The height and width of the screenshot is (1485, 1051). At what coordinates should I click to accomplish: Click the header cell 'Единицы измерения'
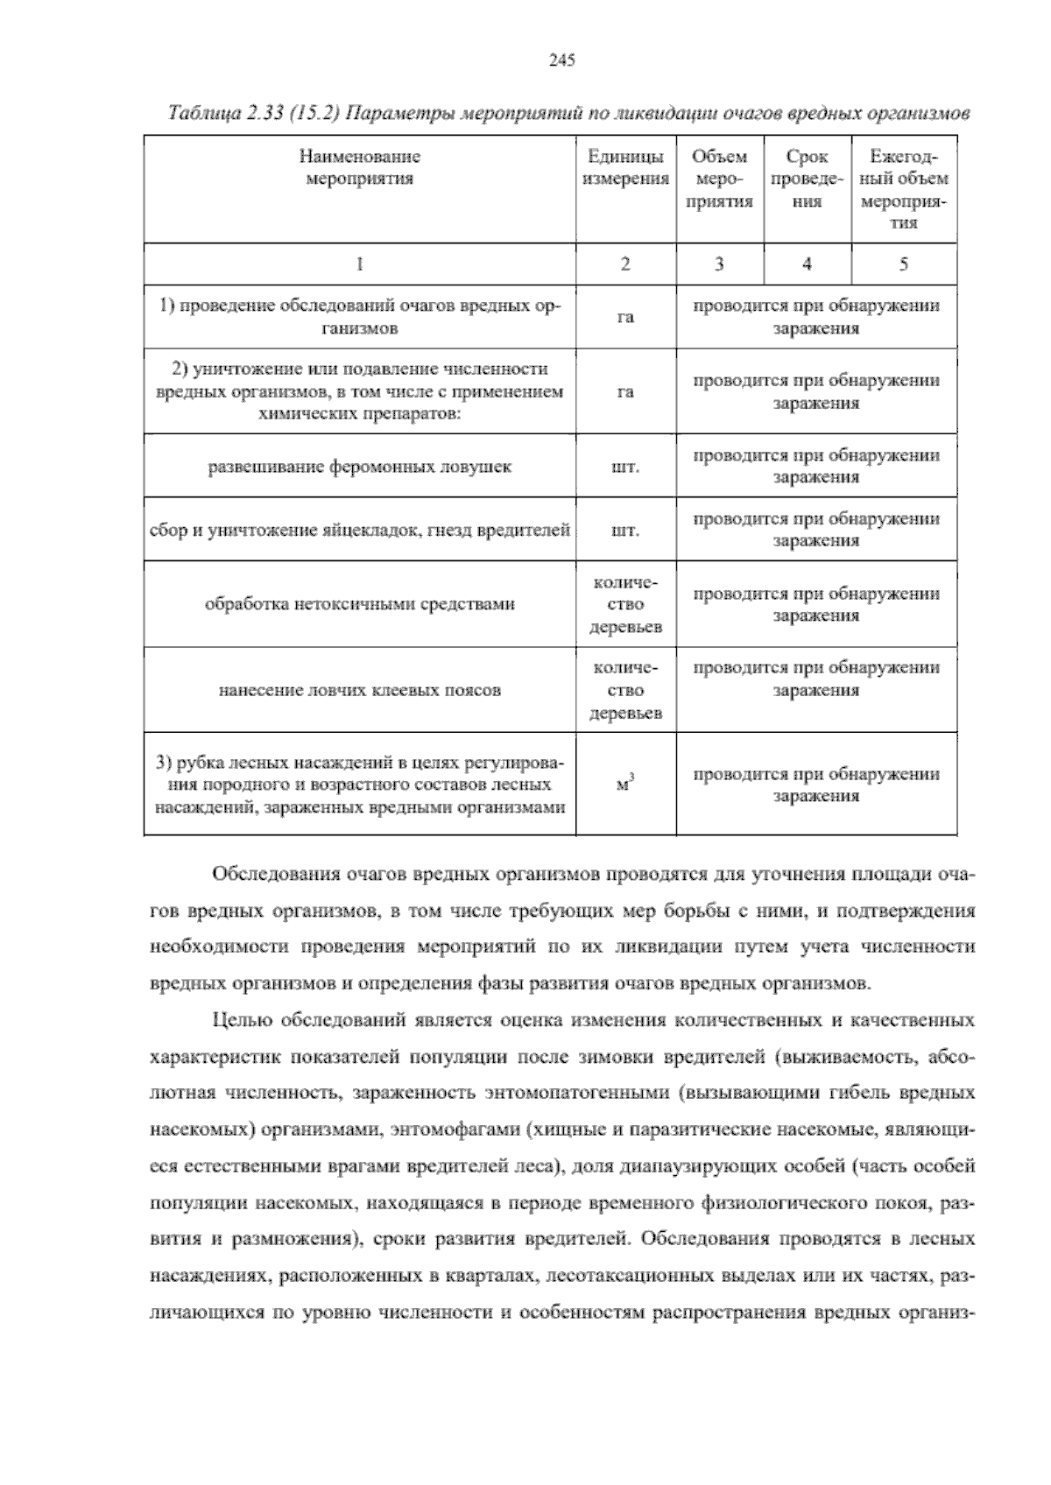pos(625,168)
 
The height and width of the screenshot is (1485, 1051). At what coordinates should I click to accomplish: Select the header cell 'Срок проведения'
pos(807,179)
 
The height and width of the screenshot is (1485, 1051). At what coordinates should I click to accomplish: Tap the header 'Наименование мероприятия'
pos(359,168)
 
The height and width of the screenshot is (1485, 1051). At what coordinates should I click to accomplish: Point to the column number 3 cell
pos(719,264)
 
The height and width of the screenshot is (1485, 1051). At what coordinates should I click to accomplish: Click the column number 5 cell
pos(903,264)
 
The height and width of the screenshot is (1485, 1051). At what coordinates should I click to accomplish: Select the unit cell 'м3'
pos(625,784)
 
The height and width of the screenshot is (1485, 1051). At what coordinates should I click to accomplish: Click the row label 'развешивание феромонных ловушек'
pos(359,467)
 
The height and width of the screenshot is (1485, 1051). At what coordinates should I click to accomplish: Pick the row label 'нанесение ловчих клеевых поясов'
pos(359,690)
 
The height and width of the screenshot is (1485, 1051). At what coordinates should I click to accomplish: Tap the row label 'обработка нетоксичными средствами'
pos(359,603)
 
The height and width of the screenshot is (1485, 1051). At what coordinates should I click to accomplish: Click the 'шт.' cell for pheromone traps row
pos(625,467)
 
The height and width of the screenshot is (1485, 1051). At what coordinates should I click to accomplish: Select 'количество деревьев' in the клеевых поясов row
pos(625,690)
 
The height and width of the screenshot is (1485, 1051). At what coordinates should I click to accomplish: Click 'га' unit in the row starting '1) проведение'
pos(625,317)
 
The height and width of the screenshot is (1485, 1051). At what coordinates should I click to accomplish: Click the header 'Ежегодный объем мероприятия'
pos(904,190)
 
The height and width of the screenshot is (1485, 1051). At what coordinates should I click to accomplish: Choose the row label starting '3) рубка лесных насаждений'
pos(359,785)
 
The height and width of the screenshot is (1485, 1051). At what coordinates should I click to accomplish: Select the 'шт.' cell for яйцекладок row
pos(625,531)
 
